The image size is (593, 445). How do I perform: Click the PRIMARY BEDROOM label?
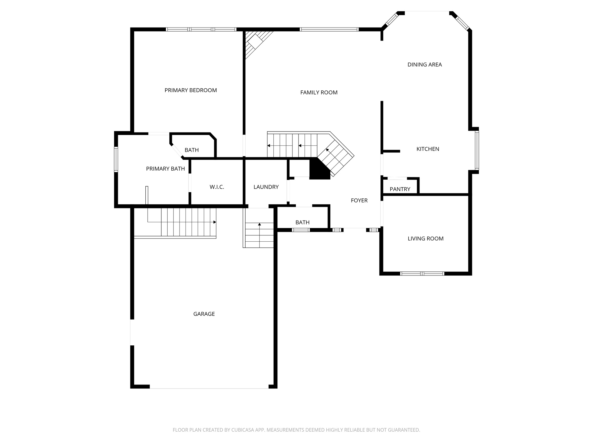[191, 90]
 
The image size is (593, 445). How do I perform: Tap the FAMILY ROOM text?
[319, 93]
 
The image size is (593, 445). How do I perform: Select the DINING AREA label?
[424, 65]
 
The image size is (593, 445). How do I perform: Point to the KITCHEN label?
[428, 149]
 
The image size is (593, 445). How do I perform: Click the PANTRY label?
[400, 189]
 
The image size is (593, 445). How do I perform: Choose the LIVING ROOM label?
[425, 239]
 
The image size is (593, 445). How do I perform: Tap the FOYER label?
[359, 200]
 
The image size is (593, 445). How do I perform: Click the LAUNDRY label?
[266, 187]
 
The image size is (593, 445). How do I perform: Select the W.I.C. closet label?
[217, 187]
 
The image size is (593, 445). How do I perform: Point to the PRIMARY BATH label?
[165, 169]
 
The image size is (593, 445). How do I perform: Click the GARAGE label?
[204, 314]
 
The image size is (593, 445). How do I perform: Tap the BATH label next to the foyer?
[302, 222]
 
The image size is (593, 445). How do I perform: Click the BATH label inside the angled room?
[192, 150]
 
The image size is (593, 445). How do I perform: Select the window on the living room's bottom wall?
[422, 273]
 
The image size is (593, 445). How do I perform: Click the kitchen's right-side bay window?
[477, 150]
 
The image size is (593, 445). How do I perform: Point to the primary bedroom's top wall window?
[201, 29]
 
